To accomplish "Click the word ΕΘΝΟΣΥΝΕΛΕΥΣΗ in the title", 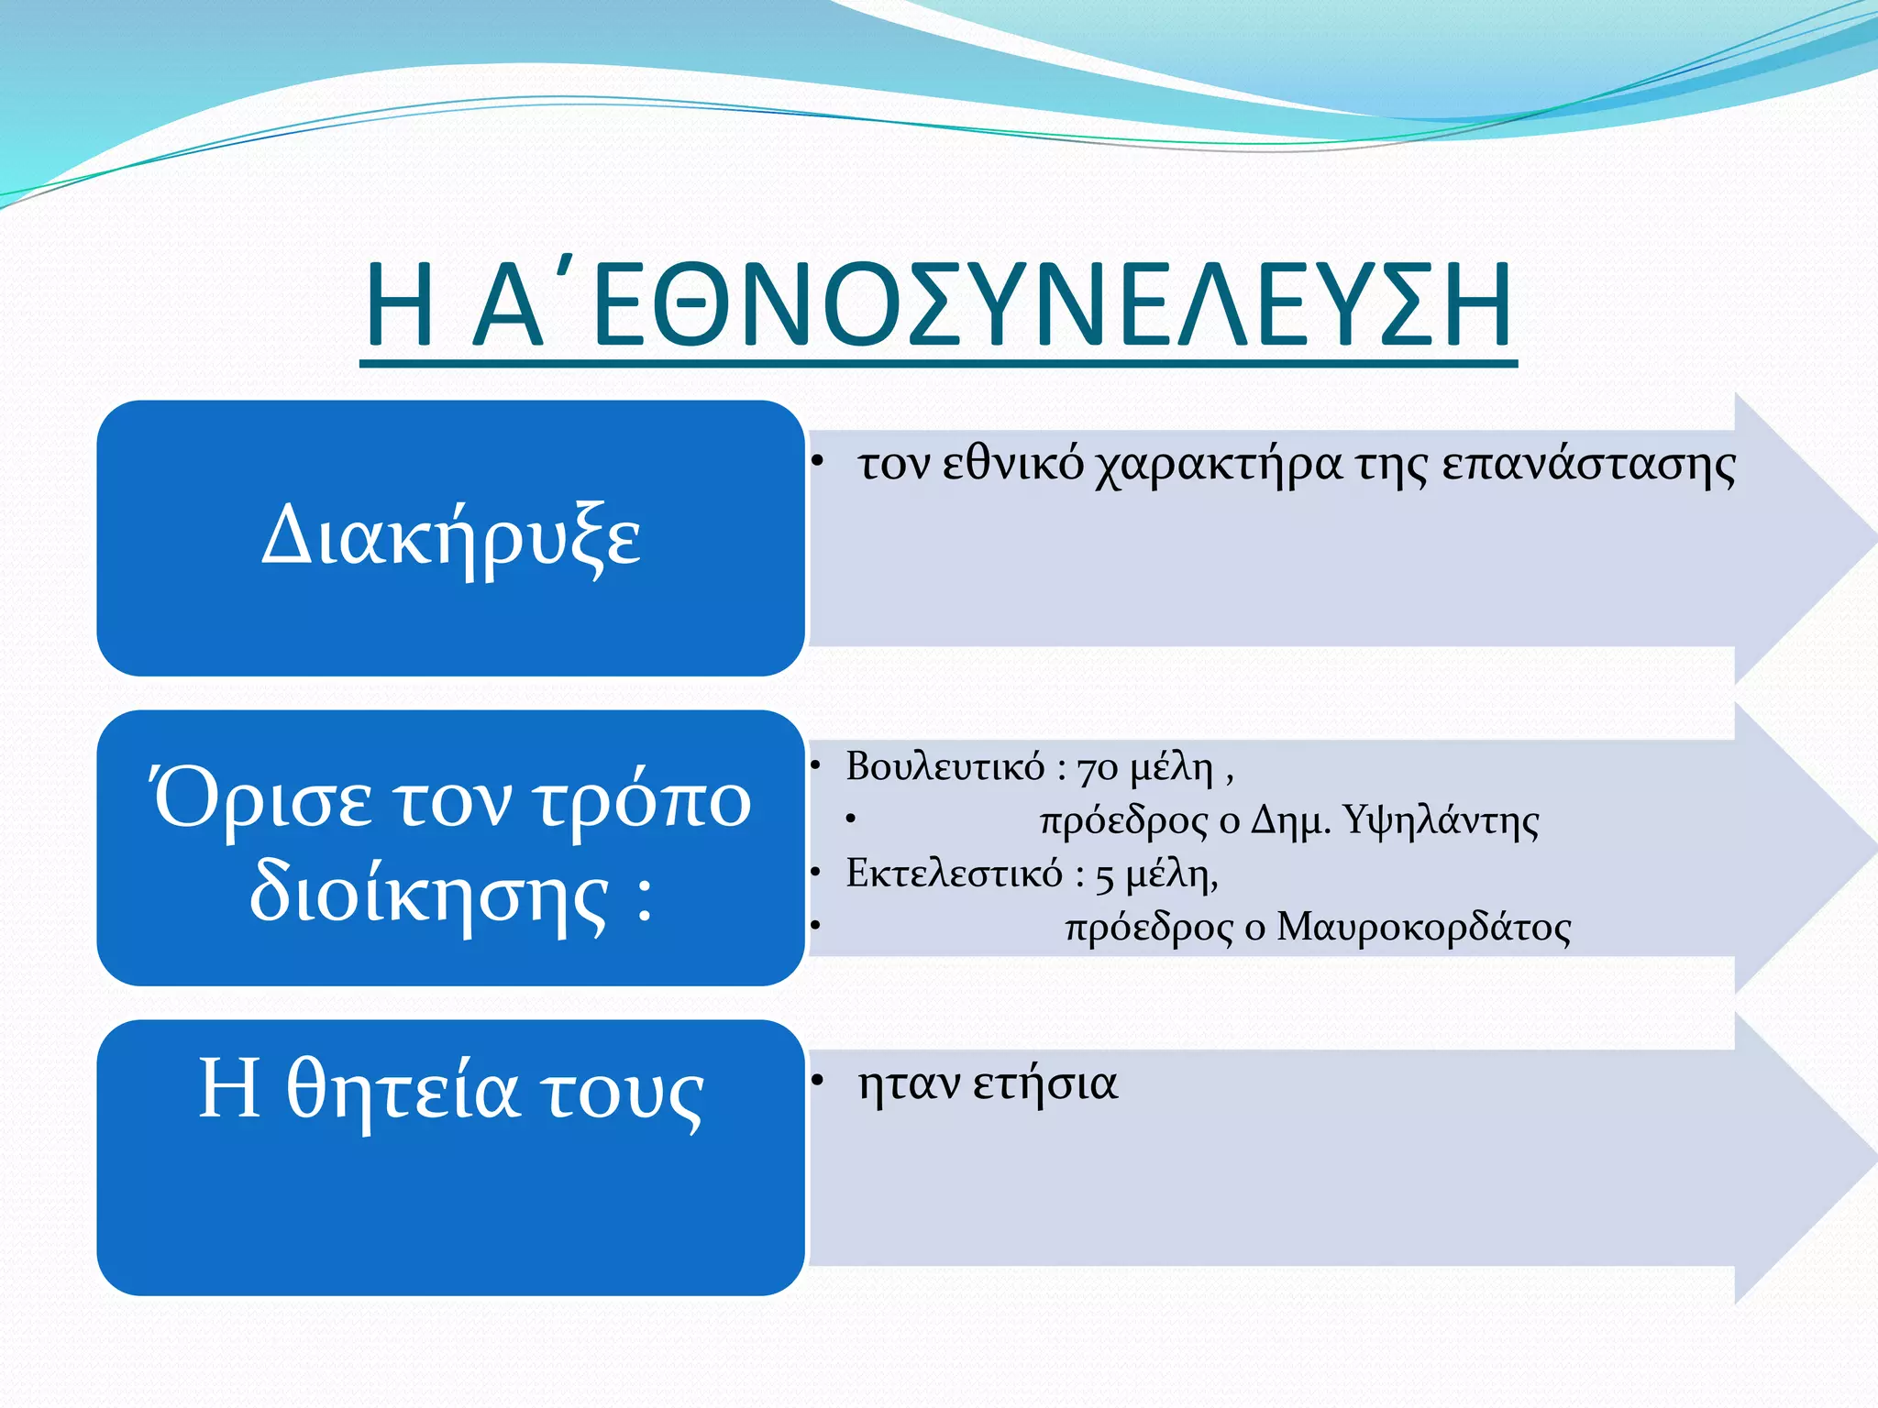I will (1053, 305).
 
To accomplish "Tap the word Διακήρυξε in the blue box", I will (451, 536).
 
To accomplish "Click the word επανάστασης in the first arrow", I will (1588, 465).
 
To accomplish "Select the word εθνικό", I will (1012, 464).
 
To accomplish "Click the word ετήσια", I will (1044, 1084).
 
